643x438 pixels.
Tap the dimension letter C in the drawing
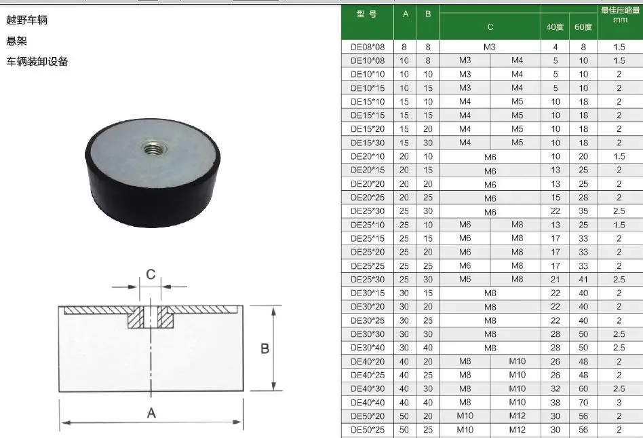pyautogui.click(x=151, y=274)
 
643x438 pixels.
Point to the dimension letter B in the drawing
pyautogui.click(x=265, y=348)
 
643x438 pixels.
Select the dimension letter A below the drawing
pyautogui.click(x=151, y=413)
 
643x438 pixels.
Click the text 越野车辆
pyautogui.click(x=26, y=20)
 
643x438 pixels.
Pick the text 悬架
pyautogui.click(x=16, y=41)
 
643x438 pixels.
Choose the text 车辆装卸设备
pyautogui.click(x=37, y=62)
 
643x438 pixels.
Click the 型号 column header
pyautogui.click(x=367, y=14)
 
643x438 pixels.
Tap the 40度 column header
pyautogui.click(x=555, y=27)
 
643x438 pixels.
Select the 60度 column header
pyautogui.click(x=583, y=27)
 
